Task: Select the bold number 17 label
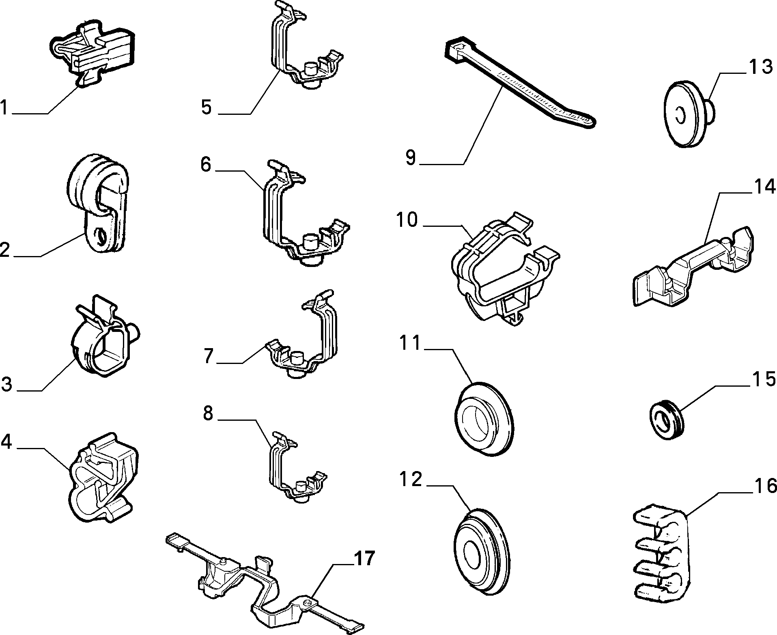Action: coord(363,559)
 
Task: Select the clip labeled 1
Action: coord(93,54)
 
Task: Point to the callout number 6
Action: coord(206,165)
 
